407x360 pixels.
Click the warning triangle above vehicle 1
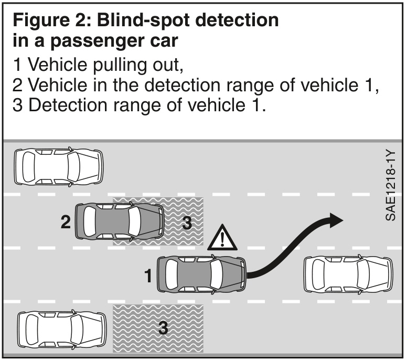tap(223, 239)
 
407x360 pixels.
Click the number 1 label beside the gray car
tap(149, 275)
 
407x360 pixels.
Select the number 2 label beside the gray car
tap(66, 222)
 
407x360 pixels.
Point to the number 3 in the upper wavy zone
tap(186, 223)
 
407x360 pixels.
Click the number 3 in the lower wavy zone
tap(163, 329)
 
